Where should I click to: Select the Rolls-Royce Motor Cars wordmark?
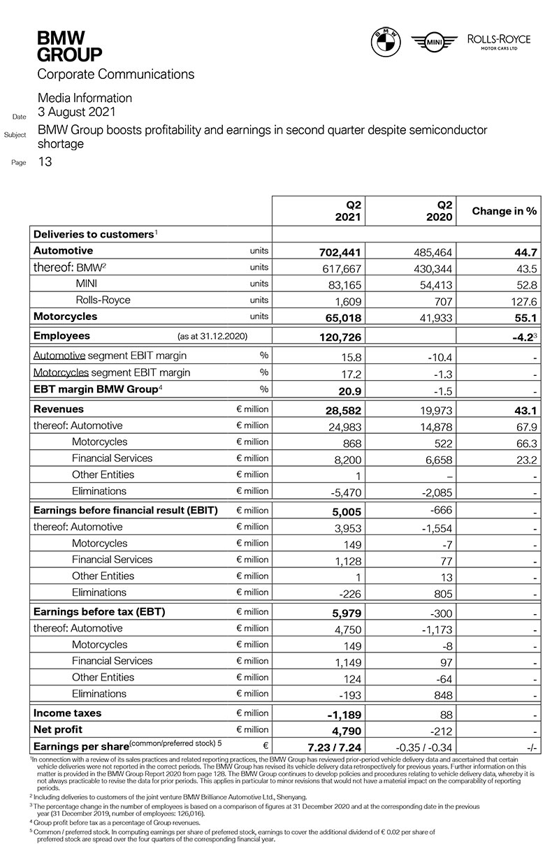click(x=498, y=43)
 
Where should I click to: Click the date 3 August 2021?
click(x=77, y=112)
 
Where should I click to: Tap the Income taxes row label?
click(x=68, y=713)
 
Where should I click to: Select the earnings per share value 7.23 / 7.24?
click(x=333, y=747)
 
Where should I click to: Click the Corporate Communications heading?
click(x=116, y=74)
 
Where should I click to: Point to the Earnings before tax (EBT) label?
click(x=99, y=612)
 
